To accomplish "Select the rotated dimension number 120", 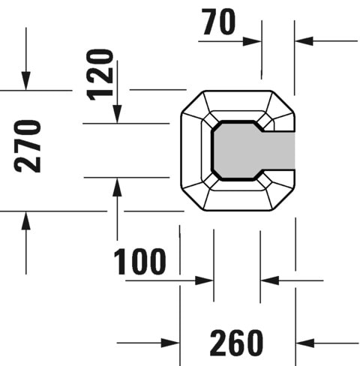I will click(x=100, y=74).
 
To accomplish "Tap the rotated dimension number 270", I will click(x=28, y=145).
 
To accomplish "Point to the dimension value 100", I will click(x=140, y=262).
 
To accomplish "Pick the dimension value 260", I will click(x=236, y=343).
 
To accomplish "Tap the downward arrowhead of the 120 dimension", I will click(x=117, y=114).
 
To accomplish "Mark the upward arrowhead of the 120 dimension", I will click(x=117, y=187).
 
